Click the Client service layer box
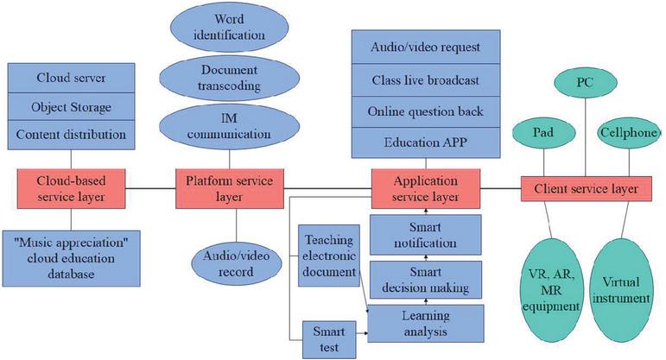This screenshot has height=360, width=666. tap(580, 187)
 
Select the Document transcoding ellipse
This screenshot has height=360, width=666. tap(235, 80)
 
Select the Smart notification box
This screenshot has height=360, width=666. tap(425, 234)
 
